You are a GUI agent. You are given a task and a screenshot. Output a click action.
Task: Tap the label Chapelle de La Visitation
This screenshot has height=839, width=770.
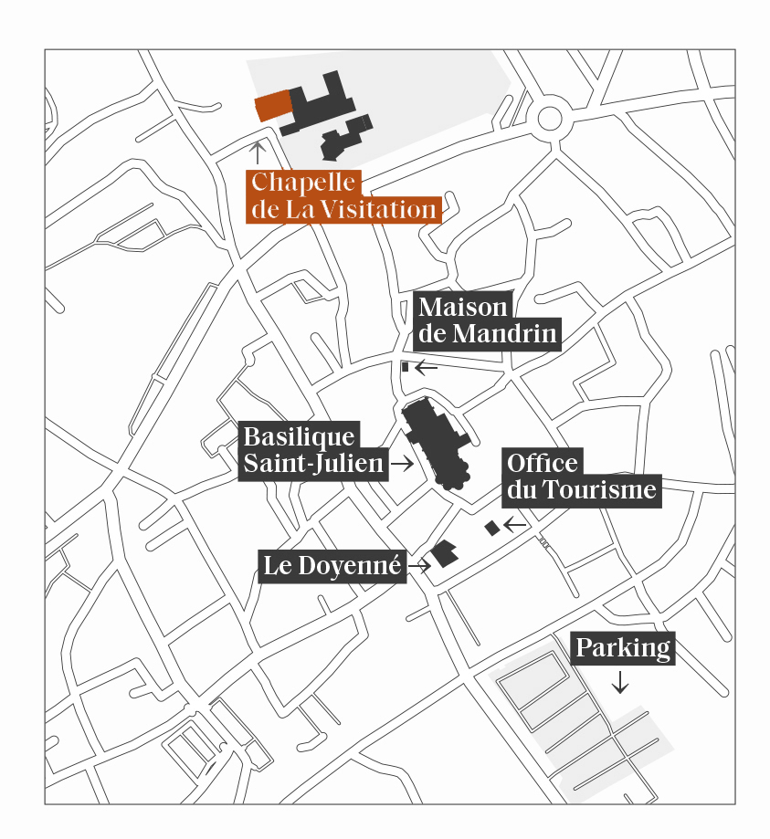343,197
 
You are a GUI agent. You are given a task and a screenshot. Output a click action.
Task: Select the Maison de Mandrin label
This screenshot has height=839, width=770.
487,320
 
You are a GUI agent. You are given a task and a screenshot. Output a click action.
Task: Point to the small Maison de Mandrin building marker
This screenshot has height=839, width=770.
405,367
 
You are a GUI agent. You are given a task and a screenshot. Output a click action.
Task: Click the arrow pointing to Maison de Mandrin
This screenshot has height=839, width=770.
427,368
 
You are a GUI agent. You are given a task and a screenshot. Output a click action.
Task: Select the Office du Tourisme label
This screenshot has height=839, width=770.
581,477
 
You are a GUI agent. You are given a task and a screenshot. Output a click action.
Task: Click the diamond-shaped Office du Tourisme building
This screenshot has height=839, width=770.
492,528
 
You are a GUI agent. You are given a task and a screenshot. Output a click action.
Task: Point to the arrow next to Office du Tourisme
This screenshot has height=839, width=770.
515,524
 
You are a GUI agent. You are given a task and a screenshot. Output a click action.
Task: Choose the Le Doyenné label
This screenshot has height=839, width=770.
332,566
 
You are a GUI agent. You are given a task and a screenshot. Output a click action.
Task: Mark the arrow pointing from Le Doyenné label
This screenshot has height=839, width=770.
419,566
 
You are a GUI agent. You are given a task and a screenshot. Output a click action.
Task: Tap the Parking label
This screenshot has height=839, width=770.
623,649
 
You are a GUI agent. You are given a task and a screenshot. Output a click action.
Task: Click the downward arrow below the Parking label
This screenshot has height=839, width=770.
620,682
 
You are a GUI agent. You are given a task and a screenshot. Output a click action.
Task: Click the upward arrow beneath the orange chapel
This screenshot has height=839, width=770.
259,152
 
